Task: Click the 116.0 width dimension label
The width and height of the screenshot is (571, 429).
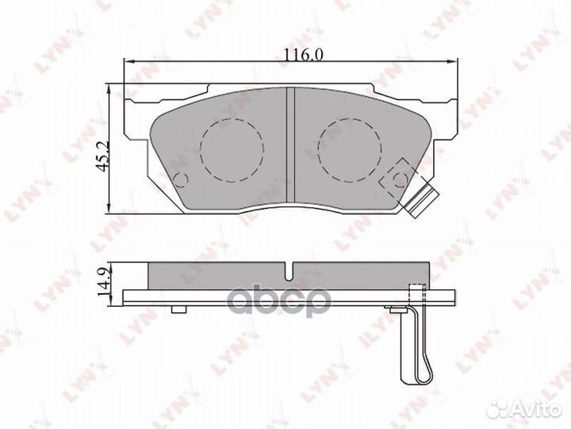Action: point(303,55)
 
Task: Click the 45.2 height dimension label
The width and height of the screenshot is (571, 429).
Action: point(103,157)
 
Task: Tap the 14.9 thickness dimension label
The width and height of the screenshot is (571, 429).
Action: point(103,282)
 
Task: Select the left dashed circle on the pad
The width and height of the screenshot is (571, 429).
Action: point(232,150)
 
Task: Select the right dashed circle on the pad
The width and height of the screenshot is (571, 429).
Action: point(350,150)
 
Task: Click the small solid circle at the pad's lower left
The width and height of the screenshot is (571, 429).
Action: point(181,180)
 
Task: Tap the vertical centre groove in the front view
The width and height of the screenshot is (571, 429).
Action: point(290,145)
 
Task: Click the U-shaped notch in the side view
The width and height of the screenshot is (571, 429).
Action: point(289,272)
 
